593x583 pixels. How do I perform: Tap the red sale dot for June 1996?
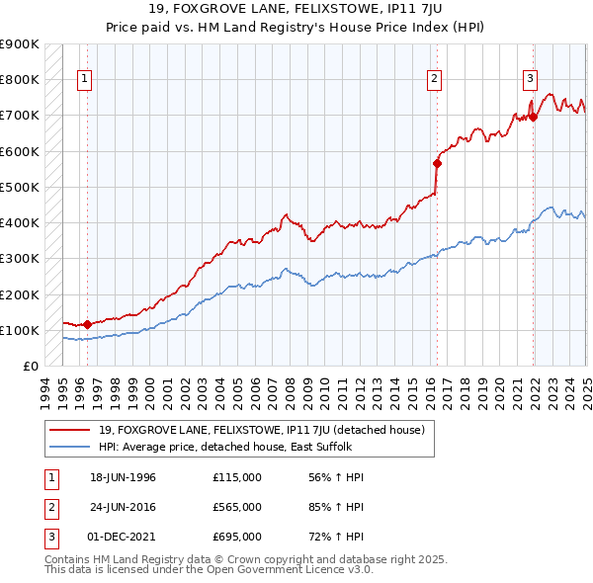(87, 324)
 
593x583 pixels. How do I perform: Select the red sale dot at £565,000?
(437, 163)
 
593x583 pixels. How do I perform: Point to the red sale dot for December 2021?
(533, 117)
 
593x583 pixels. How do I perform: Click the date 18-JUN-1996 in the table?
(123, 478)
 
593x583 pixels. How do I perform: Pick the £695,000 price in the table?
(237, 537)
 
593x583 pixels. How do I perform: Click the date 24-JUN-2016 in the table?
(123, 507)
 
